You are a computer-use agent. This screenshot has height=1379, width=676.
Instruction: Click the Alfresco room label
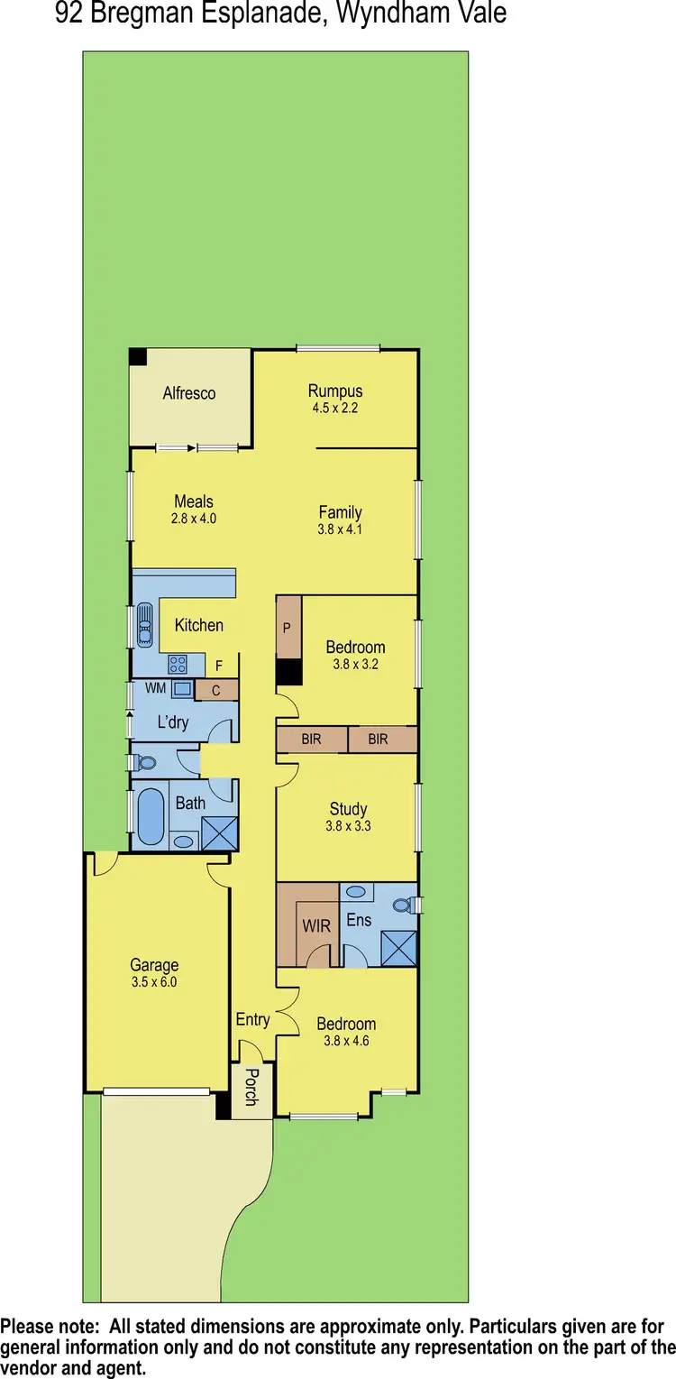click(x=189, y=393)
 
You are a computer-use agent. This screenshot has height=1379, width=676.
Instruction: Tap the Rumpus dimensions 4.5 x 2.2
click(x=335, y=408)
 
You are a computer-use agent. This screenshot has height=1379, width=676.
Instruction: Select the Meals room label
click(x=194, y=501)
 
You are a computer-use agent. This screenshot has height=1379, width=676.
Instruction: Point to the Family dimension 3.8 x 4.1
click(x=340, y=529)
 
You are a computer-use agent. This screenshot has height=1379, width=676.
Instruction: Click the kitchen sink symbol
click(x=145, y=623)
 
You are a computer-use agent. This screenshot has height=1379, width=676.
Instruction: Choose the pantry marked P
click(x=288, y=626)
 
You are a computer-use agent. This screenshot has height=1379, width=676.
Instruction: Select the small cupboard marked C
click(x=216, y=691)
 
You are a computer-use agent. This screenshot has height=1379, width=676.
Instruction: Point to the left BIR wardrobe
click(x=312, y=740)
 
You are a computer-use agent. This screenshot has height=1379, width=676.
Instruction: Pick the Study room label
click(x=348, y=809)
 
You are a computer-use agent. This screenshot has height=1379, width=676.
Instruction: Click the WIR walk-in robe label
click(x=316, y=925)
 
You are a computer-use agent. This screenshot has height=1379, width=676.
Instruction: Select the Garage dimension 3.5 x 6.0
click(x=154, y=982)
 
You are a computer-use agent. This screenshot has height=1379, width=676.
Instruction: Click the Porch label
click(x=251, y=1087)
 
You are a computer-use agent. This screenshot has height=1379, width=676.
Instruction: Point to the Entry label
click(x=252, y=1019)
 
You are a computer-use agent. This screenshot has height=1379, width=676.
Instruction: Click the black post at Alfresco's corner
click(x=137, y=357)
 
